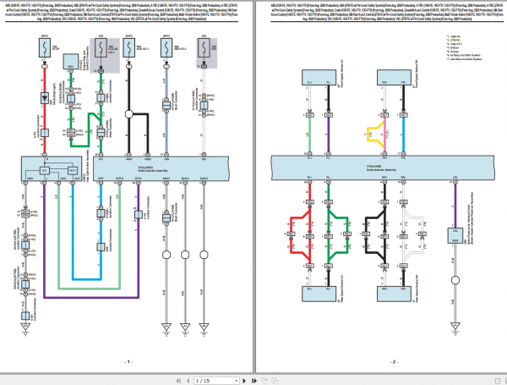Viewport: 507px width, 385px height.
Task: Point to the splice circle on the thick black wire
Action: [x=129, y=113]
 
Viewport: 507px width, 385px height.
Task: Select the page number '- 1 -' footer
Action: [x=127, y=361]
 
